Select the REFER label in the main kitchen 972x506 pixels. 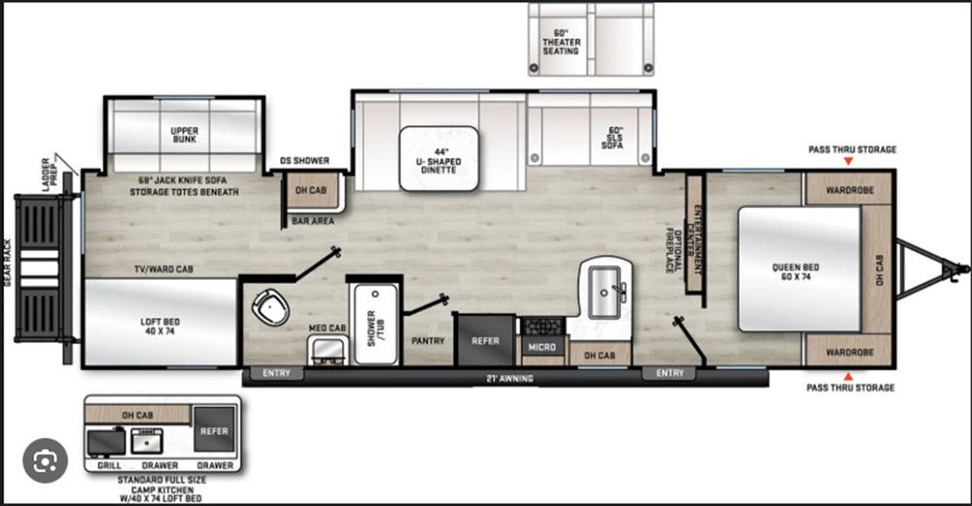point(485,341)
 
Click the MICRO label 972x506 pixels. point(541,347)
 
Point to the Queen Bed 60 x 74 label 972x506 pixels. point(798,272)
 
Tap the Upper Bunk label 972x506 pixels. point(184,134)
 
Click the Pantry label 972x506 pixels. point(428,341)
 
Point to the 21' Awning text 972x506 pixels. point(509,378)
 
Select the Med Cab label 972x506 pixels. point(328,328)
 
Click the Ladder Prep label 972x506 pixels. point(48,171)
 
